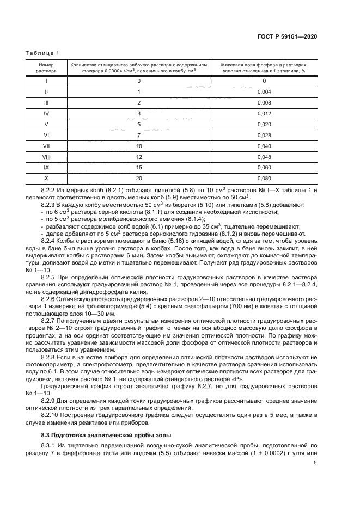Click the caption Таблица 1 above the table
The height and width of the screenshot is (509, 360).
click(41, 53)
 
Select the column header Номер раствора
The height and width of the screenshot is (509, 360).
click(46, 67)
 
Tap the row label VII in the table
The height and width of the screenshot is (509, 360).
click(46, 146)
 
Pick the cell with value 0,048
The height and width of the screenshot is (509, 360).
click(264, 157)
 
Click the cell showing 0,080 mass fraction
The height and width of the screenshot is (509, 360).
click(264, 179)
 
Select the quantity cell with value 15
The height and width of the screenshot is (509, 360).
click(139, 168)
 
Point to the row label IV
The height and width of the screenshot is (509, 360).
click(46, 113)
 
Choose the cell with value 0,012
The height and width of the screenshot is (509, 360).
click(264, 113)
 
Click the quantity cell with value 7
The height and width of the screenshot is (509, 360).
click(139, 135)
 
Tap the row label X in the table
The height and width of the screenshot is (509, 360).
click(46, 179)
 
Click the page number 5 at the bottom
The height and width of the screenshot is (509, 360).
click(315, 463)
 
